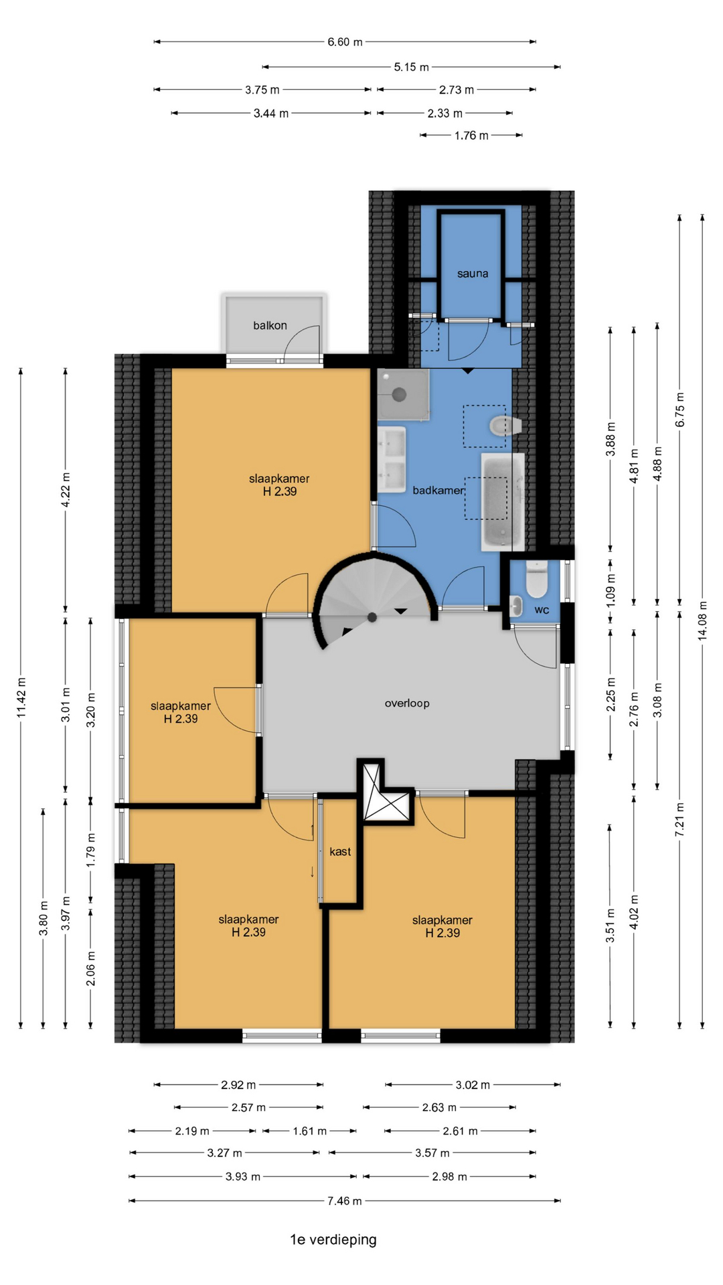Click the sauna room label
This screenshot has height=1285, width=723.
tap(473, 274)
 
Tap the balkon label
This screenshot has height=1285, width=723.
tap(270, 326)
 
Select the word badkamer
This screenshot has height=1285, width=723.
tap(438, 491)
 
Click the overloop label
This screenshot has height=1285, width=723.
tap(407, 703)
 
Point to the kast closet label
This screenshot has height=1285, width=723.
tap(340, 852)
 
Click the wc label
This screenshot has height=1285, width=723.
tap(542, 610)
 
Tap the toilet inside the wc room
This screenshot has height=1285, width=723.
tap(537, 579)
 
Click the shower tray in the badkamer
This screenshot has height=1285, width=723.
tap(403, 395)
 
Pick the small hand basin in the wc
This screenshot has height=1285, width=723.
tap(516, 606)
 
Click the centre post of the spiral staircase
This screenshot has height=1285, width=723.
tap(372, 617)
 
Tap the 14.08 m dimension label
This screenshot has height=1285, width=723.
tap(702, 620)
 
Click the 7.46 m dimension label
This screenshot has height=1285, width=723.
tap(344, 1201)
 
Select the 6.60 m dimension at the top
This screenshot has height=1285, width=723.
tap(345, 42)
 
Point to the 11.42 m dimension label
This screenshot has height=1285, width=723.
tap(21, 698)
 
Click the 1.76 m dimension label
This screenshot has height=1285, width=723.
tap(471, 136)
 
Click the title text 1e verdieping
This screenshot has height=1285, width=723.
tap(333, 1240)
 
